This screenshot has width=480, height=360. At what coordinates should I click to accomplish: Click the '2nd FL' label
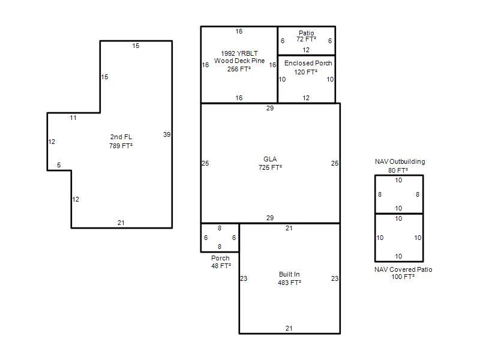(121, 137)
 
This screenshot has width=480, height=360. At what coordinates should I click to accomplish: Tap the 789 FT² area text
(121, 146)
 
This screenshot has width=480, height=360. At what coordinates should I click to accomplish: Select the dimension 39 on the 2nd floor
(167, 134)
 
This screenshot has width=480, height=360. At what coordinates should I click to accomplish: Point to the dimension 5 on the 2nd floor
(59, 165)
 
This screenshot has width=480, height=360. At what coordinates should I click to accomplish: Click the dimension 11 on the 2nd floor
(73, 118)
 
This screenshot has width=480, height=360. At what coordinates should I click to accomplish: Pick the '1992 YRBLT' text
(239, 53)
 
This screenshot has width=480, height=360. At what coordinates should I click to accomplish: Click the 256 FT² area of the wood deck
(239, 69)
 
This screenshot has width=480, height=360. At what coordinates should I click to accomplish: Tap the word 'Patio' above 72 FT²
(307, 33)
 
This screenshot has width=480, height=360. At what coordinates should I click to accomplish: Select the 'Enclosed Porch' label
(308, 63)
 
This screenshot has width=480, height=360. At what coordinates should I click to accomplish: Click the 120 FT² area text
(306, 72)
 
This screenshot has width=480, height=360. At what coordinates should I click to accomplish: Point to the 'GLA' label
(270, 159)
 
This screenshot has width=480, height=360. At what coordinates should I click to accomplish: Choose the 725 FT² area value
(271, 167)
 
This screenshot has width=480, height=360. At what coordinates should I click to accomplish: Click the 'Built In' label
(289, 274)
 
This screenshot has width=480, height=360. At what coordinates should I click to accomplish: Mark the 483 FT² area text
(290, 283)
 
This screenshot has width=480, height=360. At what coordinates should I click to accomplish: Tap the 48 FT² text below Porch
(221, 266)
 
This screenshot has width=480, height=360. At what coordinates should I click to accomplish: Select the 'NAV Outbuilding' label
(400, 161)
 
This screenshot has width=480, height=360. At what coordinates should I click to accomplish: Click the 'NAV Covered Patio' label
(403, 269)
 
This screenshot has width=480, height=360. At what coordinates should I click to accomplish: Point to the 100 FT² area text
(403, 277)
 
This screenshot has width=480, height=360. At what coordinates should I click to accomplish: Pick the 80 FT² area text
(398, 170)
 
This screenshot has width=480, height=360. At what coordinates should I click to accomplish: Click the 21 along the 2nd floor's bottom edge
(121, 223)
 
